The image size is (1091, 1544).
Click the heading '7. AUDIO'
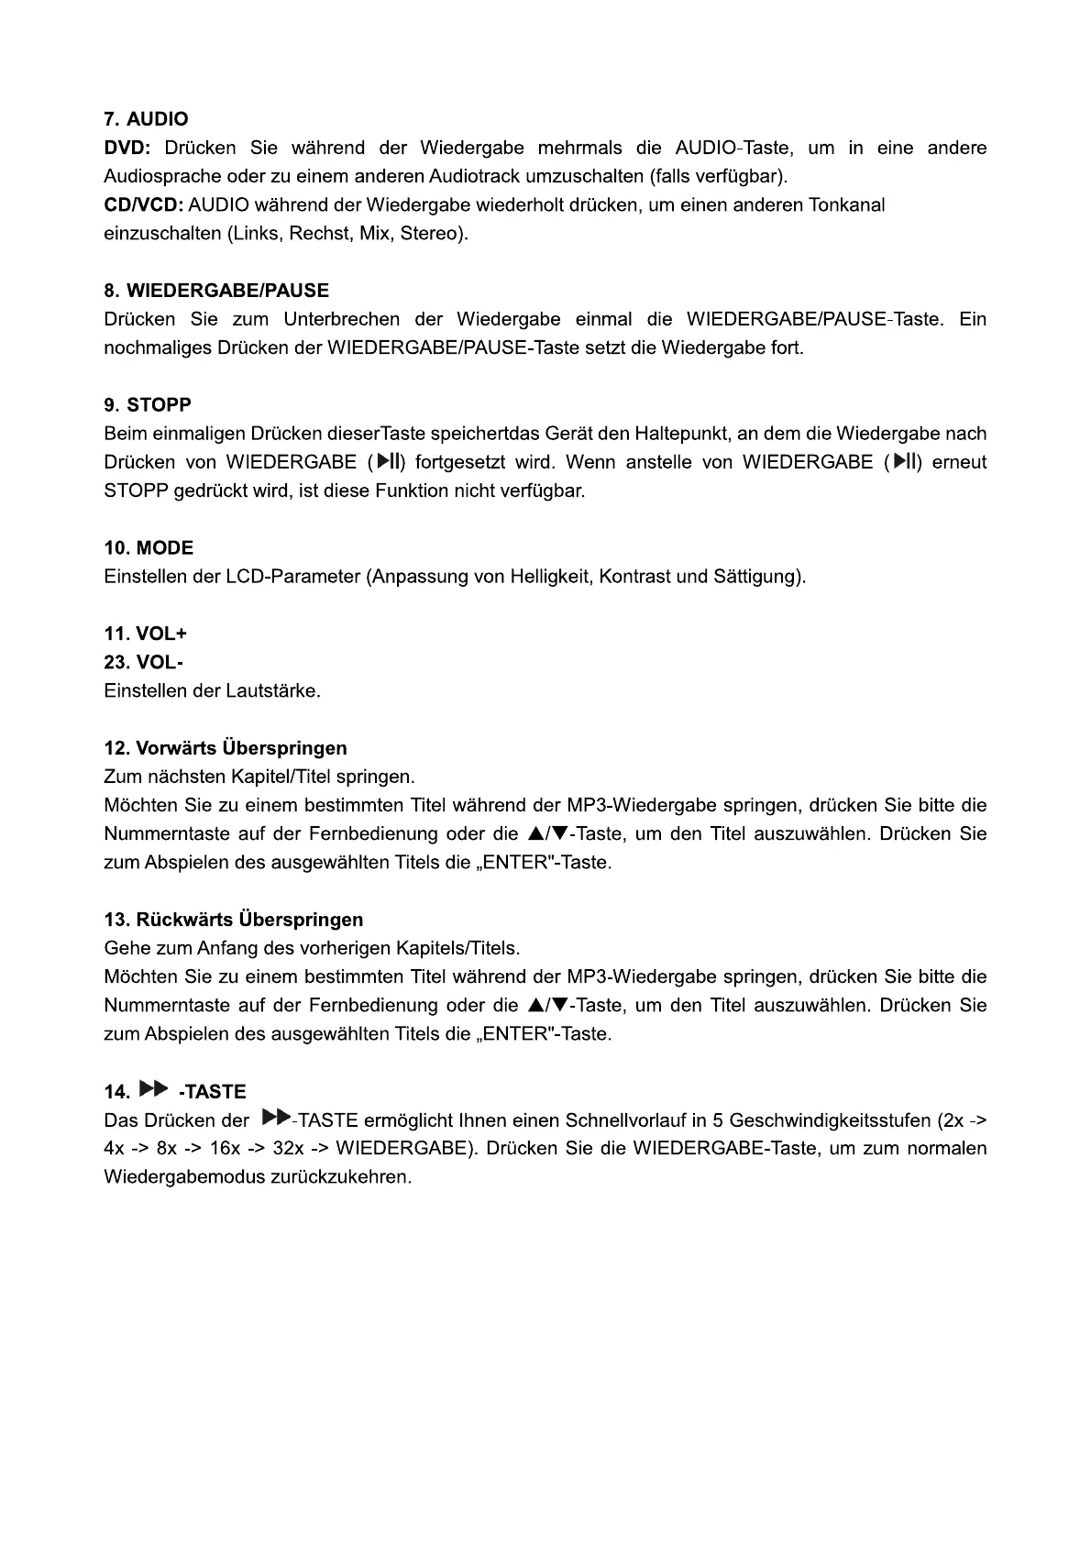click(146, 119)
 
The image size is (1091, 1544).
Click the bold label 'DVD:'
click(127, 148)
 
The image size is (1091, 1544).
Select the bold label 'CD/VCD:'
click(143, 204)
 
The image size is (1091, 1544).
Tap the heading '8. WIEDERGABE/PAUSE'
click(216, 291)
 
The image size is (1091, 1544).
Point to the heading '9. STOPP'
click(148, 405)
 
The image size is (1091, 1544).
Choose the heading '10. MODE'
click(149, 548)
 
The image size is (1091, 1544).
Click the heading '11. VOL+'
click(145, 634)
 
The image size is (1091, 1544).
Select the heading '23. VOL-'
click(144, 662)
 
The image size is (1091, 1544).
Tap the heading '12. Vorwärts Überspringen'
click(226, 748)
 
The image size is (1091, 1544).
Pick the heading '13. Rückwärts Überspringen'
click(234, 920)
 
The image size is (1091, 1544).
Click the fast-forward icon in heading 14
click(154, 1089)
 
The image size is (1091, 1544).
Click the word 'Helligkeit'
click(546, 577)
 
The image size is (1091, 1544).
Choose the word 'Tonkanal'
click(846, 204)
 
